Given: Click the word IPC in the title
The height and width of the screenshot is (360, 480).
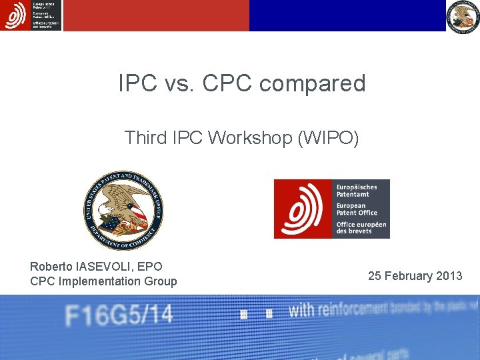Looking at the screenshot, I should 137,83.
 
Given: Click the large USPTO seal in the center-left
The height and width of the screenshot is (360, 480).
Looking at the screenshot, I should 123,210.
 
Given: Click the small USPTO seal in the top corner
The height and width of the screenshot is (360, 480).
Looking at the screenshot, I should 463,16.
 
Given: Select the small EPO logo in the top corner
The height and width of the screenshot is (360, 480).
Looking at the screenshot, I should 31,15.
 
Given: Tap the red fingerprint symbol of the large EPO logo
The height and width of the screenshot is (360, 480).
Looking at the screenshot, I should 303,209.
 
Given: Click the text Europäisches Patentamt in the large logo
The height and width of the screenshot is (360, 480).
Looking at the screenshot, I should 357,191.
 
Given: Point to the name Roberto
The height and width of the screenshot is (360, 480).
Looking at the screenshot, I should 52,267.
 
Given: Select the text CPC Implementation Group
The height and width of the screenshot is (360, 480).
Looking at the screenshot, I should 103,281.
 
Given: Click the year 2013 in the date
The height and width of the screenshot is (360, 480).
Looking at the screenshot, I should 448,276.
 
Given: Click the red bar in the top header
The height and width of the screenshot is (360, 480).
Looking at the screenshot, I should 156,15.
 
